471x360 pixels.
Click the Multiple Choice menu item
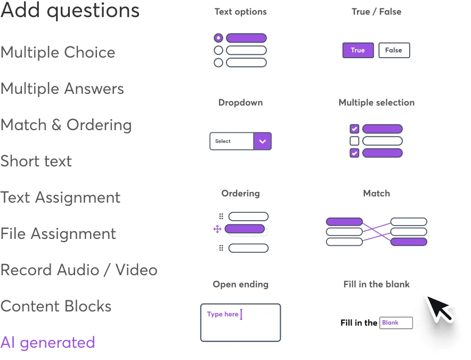(58, 52)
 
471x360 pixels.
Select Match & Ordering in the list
(66, 125)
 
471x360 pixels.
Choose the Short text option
(36, 161)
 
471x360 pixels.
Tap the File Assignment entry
(58, 234)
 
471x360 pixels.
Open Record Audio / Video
(79, 270)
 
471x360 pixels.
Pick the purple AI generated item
(47, 342)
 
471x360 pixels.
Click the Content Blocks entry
(56, 306)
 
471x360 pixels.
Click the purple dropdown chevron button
(262, 141)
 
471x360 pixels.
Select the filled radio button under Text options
(218, 38)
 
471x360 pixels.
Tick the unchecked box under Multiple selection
(354, 141)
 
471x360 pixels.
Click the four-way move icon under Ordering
(217, 229)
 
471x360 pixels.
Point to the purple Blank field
(396, 323)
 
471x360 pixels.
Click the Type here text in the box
(223, 314)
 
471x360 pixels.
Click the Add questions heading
(70, 11)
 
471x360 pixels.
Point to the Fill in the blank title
(376, 284)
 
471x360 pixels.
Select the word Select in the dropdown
(223, 141)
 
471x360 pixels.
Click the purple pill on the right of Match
(409, 242)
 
